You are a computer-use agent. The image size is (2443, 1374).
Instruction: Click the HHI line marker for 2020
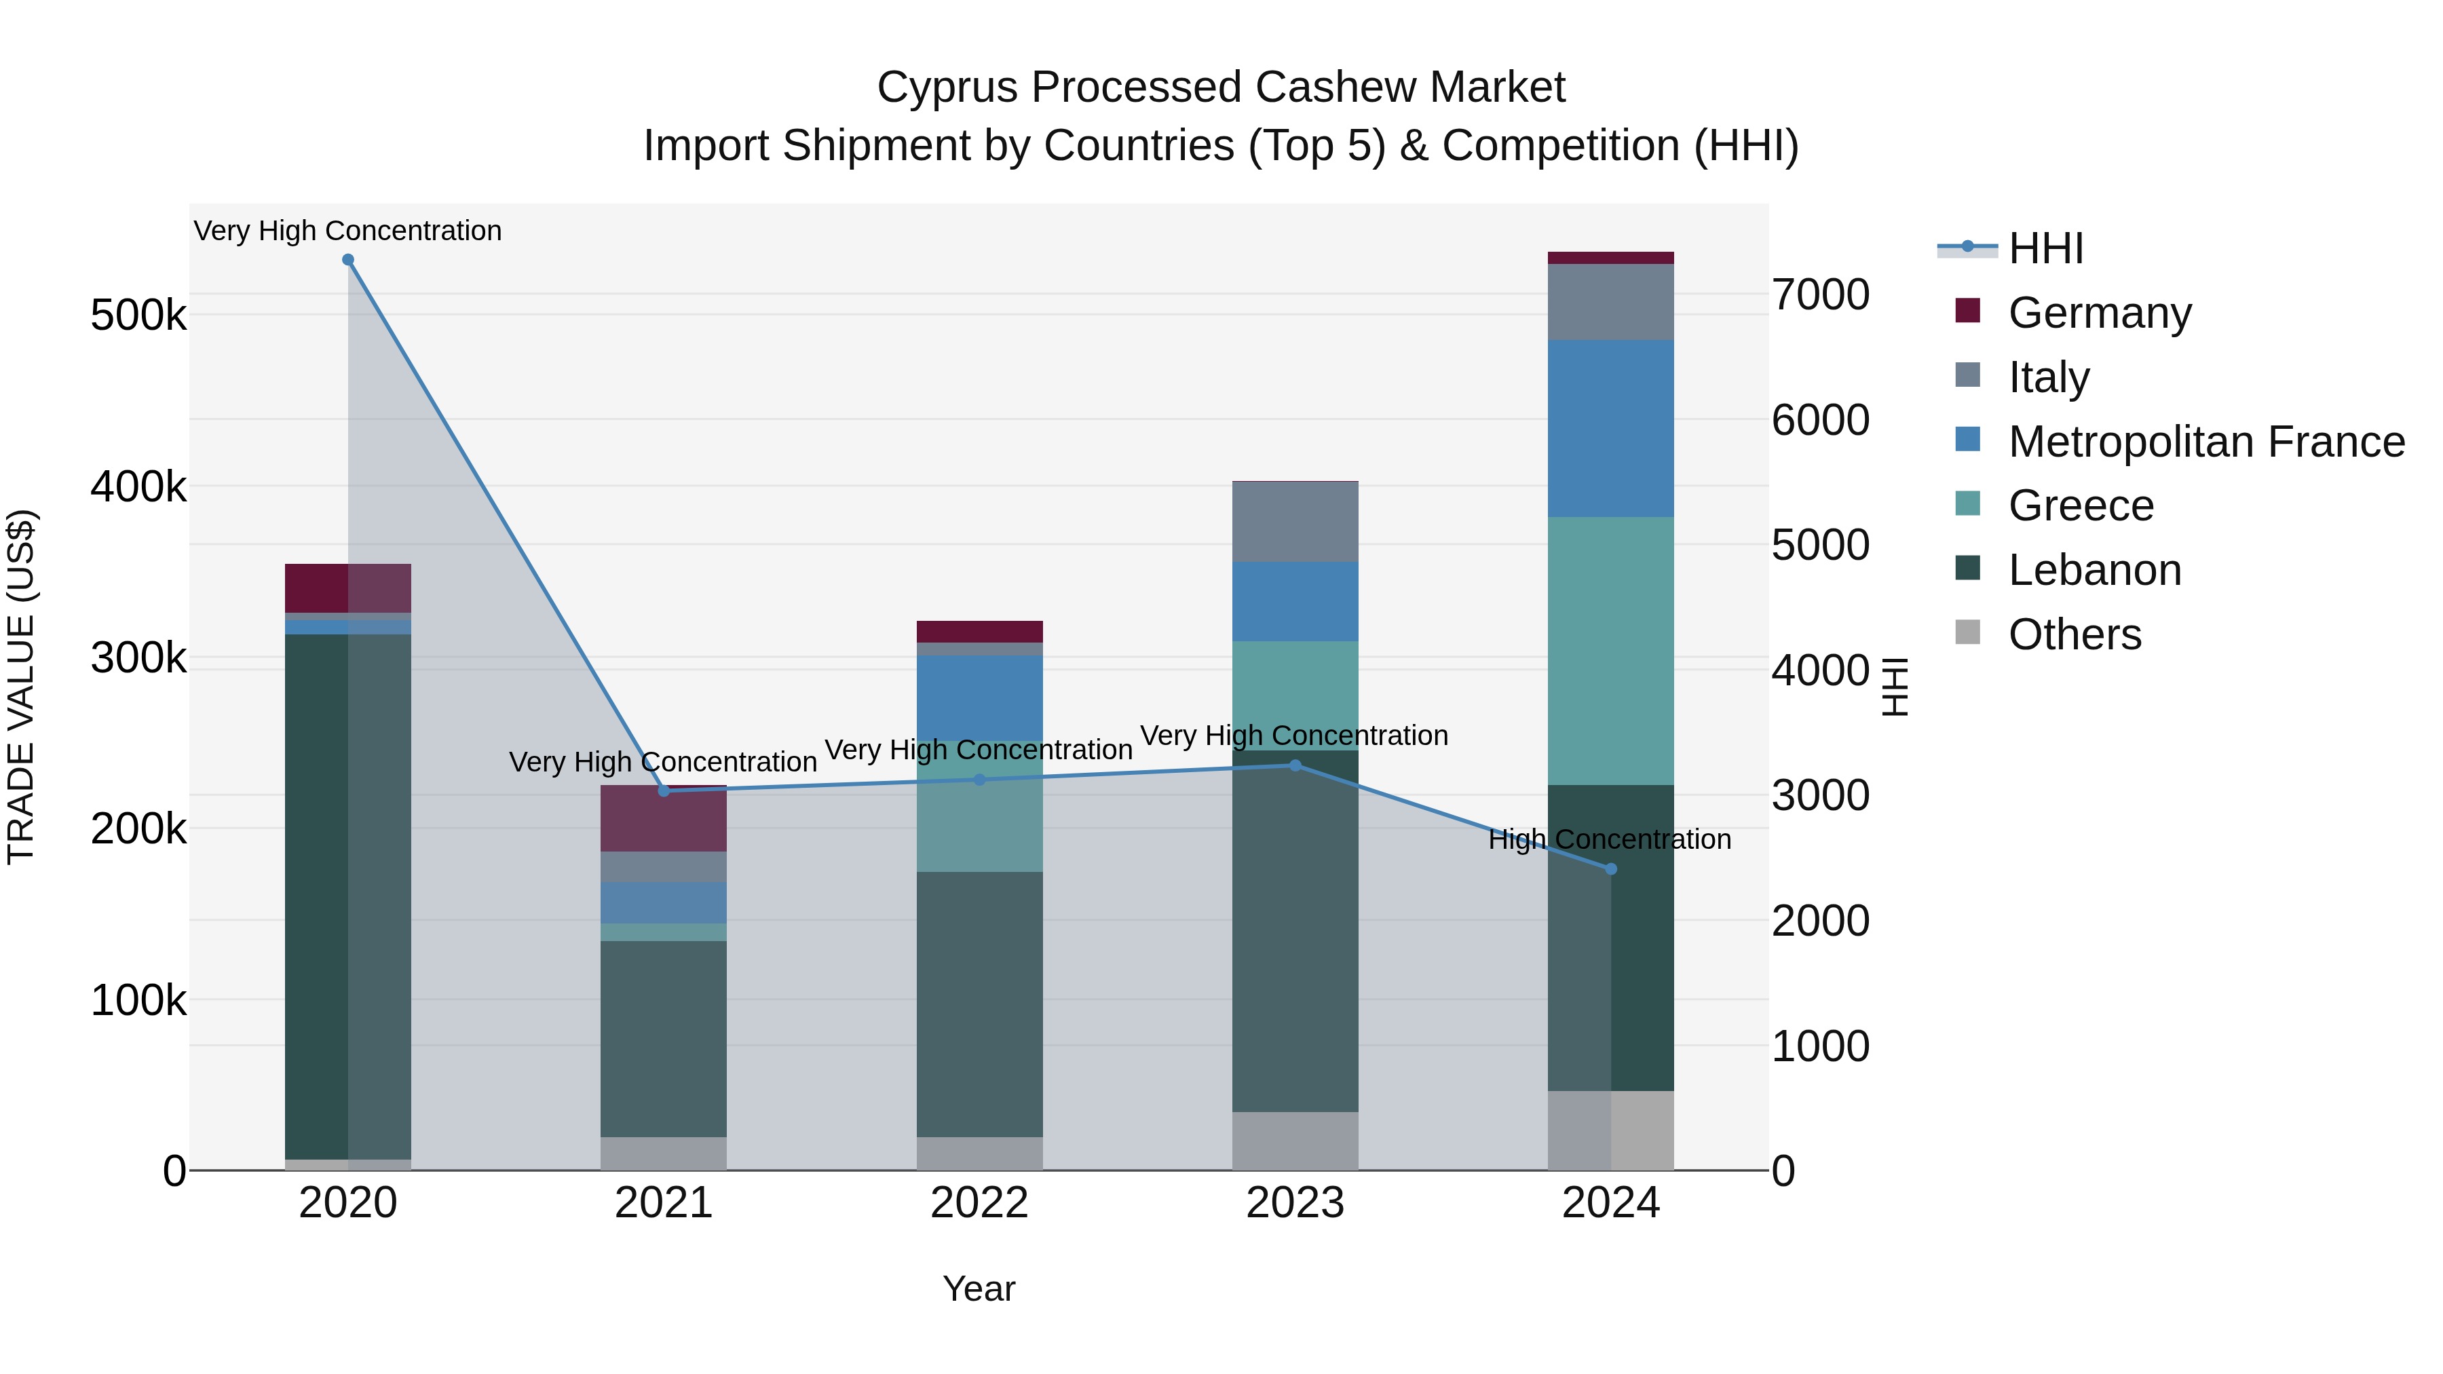[x=348, y=260]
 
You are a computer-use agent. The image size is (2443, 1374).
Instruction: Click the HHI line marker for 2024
[x=1610, y=869]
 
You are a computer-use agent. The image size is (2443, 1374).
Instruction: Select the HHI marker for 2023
[x=1295, y=765]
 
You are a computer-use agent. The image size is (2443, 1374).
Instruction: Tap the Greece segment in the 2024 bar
[x=1610, y=651]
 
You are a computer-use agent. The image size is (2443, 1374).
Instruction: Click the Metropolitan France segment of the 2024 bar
[x=1610, y=429]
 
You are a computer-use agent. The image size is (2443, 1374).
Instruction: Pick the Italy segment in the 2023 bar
[x=1295, y=522]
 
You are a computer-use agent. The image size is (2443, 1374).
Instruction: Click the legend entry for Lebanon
[x=2094, y=570]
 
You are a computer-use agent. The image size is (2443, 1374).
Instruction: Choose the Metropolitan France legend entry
[x=2206, y=442]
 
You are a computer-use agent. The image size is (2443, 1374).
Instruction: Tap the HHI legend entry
[x=2045, y=248]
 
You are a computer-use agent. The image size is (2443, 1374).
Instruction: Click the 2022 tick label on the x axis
[x=979, y=1203]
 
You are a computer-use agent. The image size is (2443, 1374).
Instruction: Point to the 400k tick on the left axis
[x=138, y=487]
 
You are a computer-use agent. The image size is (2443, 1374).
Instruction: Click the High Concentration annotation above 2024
[x=1610, y=839]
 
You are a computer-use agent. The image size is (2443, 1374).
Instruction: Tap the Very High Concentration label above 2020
[x=347, y=231]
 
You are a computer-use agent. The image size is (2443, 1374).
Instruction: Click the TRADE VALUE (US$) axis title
[x=21, y=687]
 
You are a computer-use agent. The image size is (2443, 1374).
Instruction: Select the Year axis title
[x=979, y=1289]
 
